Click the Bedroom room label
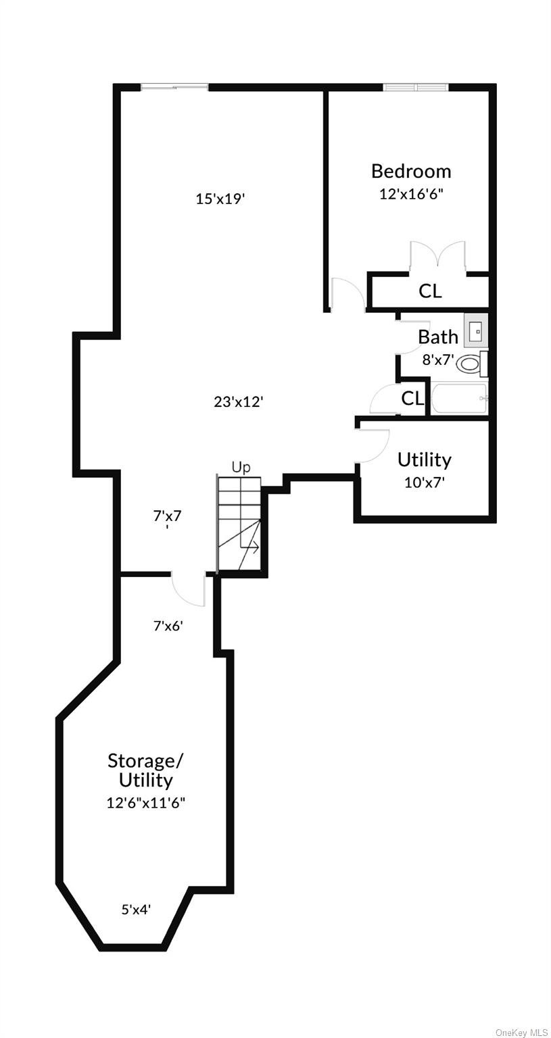pyautogui.click(x=411, y=171)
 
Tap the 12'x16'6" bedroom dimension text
pyautogui.click(x=411, y=194)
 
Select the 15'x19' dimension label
pyautogui.click(x=219, y=199)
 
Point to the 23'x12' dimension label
pyautogui.click(x=238, y=401)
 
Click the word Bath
pyautogui.click(x=437, y=337)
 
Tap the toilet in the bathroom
pyautogui.click(x=469, y=364)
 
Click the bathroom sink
pyautogui.click(x=476, y=330)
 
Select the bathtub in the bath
pyautogui.click(x=459, y=399)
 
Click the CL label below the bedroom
pyautogui.click(x=430, y=291)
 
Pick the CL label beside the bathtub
pyautogui.click(x=412, y=399)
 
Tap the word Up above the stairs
pyautogui.click(x=241, y=467)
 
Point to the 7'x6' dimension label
pyautogui.click(x=168, y=626)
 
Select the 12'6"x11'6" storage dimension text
pyautogui.click(x=145, y=803)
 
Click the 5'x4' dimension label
pyautogui.click(x=136, y=910)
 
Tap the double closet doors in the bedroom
pyautogui.click(x=437, y=256)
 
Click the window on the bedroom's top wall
pyautogui.click(x=415, y=87)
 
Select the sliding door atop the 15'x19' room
pyautogui.click(x=174, y=86)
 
